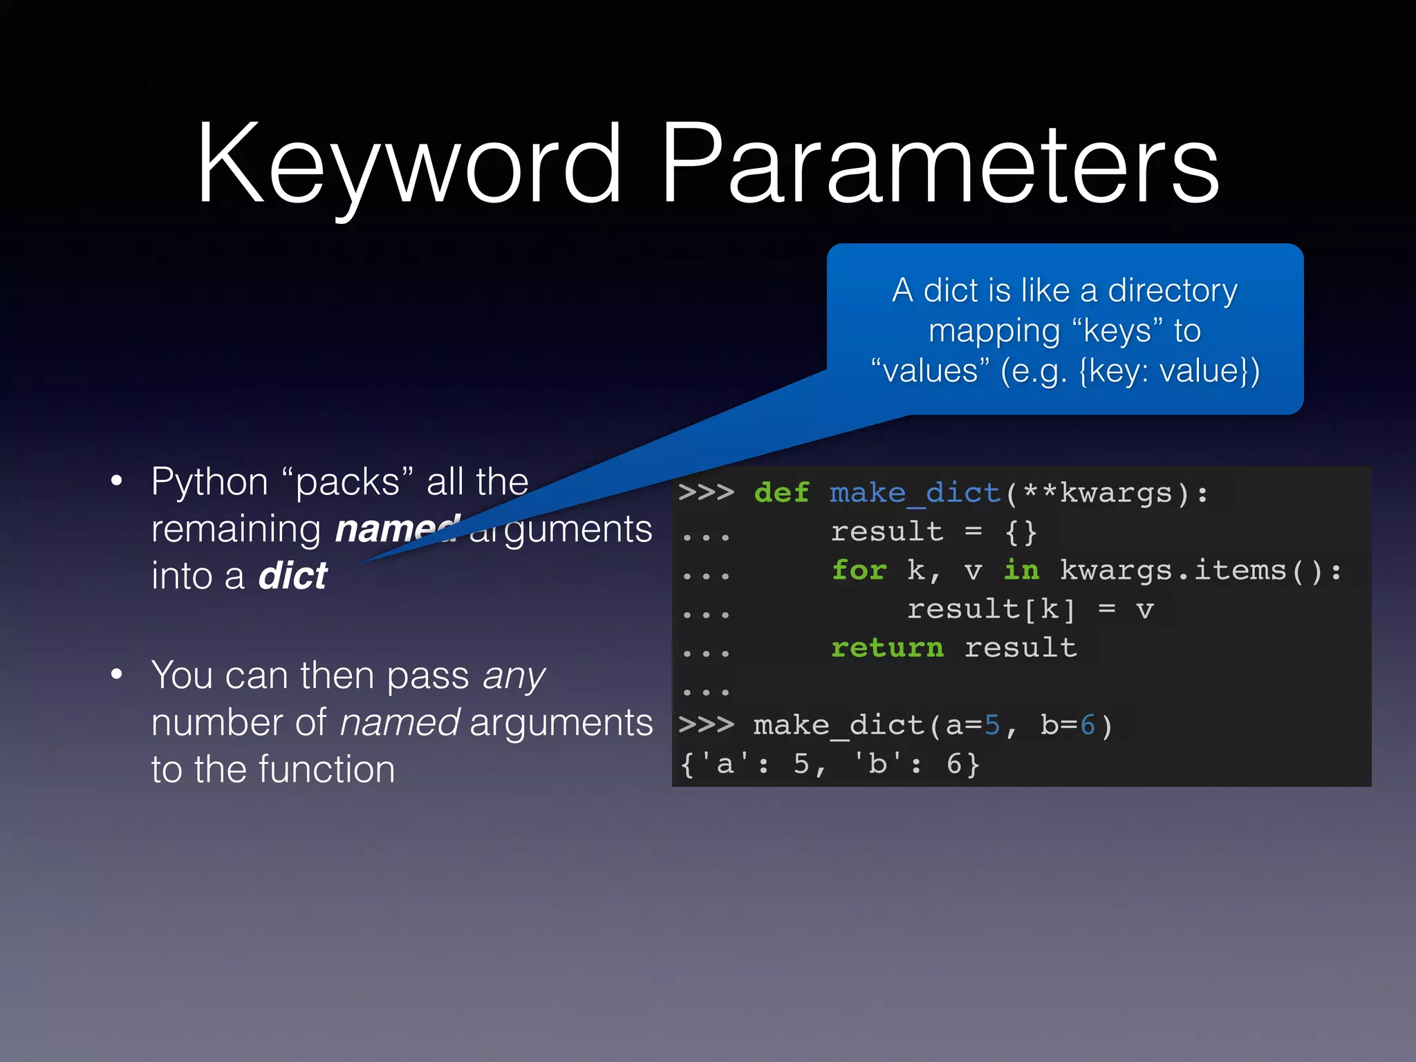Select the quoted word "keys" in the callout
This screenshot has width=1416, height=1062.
1113,330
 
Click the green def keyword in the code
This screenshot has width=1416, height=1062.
781,493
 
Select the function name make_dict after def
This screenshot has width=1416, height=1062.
915,493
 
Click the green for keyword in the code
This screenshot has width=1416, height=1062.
859,570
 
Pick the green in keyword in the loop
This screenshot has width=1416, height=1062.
1021,570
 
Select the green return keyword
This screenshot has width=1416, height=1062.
887,648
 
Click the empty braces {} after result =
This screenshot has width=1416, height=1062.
1021,532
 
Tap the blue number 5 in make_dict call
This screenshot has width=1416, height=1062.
992,725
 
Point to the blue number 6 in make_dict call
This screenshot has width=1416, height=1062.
1088,725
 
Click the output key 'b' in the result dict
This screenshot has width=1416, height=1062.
877,764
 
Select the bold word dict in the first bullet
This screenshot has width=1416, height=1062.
292,575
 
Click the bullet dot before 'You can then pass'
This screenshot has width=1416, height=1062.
117,674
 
